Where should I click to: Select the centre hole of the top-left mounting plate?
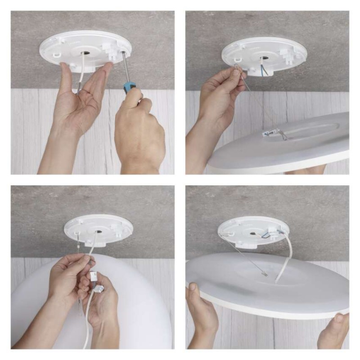click(x=84, y=53)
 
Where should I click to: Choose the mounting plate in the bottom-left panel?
click(x=98, y=229)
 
